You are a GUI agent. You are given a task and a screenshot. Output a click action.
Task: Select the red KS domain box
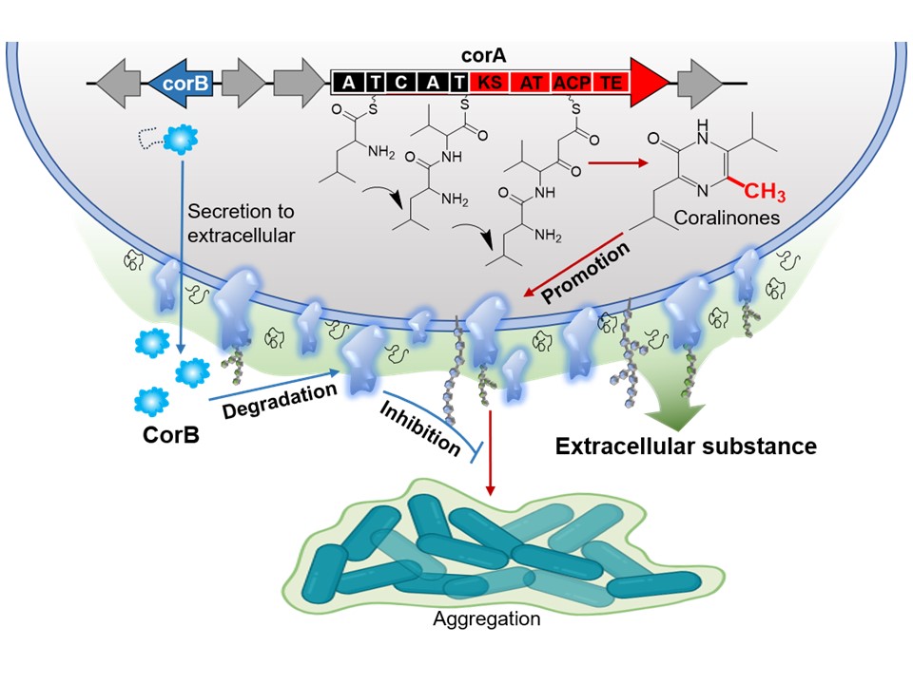click(490, 84)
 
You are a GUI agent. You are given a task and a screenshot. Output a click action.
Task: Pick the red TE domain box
click(612, 84)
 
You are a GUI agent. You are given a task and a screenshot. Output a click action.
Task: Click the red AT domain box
click(531, 84)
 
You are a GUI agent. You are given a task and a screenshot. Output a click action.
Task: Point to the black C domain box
click(402, 84)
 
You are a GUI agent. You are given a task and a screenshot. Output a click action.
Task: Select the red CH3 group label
click(765, 195)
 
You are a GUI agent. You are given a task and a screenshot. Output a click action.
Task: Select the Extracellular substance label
click(686, 445)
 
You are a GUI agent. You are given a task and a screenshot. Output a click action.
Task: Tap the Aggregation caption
click(486, 620)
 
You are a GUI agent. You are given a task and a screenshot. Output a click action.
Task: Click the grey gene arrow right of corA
click(702, 84)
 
